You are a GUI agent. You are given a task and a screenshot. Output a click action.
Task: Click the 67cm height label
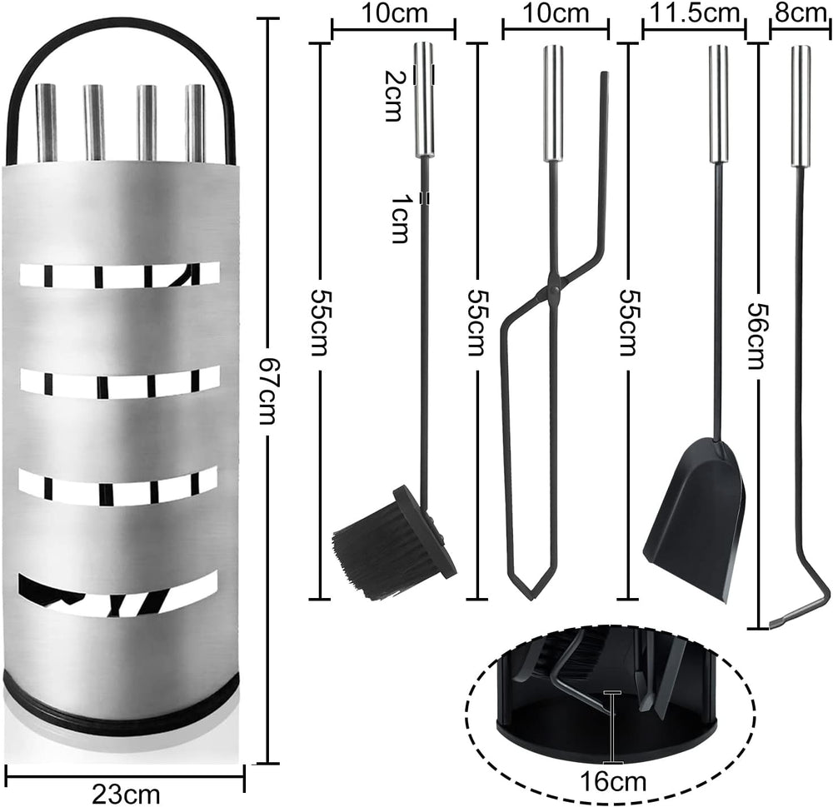coord(267,391)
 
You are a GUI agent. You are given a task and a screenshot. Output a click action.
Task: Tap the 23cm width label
coord(126,795)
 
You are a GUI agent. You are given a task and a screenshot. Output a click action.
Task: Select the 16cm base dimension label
coord(612,781)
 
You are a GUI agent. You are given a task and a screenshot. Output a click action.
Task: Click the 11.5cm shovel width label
coord(695,13)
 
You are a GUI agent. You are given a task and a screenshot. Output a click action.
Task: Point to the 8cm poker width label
coord(800,13)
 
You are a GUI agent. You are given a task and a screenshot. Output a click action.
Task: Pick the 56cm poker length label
coord(756,336)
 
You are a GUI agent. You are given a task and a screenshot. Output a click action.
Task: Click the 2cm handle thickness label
coord(393,96)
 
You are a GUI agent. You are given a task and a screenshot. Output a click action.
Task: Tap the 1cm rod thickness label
coord(400,218)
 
